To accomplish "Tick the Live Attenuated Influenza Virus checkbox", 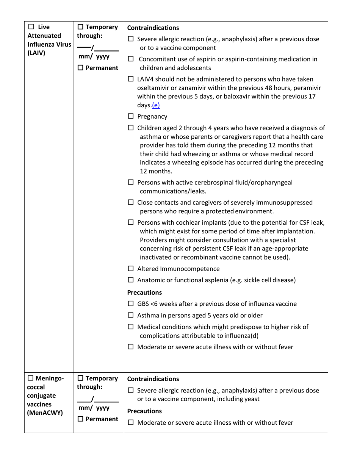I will point(32,28).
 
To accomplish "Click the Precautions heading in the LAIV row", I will point(144,292).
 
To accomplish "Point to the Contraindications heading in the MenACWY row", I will point(153,378).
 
